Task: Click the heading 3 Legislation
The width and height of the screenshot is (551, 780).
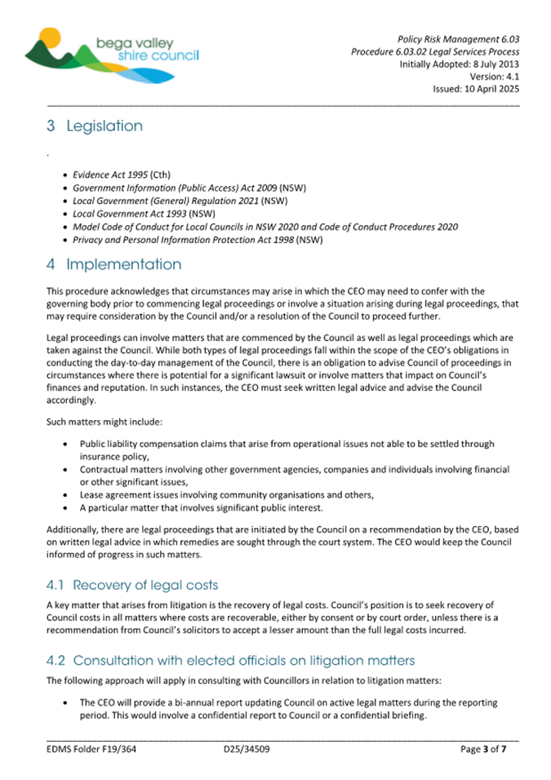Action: point(94,126)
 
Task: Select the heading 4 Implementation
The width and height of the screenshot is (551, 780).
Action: point(113,265)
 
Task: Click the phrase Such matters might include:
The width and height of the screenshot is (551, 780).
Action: point(92,424)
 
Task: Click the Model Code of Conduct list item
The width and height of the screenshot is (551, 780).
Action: point(264,227)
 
